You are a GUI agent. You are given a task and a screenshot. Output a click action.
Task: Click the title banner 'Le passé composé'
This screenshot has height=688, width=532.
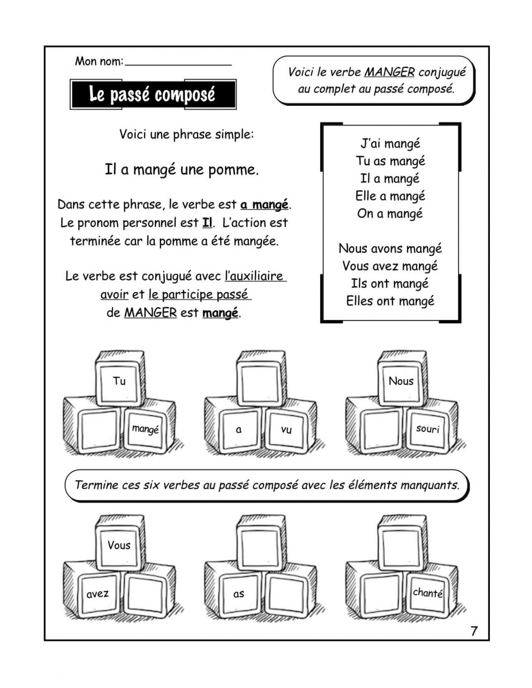pos(153,94)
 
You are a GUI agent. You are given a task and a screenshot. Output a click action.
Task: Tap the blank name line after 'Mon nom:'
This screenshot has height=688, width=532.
pos(178,62)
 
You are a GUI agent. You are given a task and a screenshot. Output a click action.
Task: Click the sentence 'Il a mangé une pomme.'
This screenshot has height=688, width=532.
pos(182,170)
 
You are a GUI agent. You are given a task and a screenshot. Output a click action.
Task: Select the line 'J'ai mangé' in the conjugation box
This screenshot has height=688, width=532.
pos(390,144)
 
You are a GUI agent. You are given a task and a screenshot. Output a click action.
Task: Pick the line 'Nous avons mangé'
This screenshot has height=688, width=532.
pos(390,249)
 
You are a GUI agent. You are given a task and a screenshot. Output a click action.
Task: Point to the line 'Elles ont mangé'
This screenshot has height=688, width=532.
pos(390,301)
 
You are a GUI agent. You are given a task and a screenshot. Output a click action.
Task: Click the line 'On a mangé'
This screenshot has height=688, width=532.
pos(390,213)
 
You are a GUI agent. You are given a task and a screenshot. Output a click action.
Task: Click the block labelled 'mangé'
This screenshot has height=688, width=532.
pos(145,429)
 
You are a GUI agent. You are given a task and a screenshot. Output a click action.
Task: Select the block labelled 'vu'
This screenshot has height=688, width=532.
pos(286,429)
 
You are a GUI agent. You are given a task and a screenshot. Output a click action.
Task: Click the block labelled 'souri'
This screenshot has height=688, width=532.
pos(428,429)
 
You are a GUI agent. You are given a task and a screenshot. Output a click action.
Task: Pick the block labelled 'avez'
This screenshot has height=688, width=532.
pos(98,594)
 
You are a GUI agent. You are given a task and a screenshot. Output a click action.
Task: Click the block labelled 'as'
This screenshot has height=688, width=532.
pos(238,594)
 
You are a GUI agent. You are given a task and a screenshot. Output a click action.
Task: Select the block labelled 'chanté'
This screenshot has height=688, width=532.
pos(428,593)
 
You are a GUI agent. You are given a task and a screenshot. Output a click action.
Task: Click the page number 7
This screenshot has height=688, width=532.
pos(473,631)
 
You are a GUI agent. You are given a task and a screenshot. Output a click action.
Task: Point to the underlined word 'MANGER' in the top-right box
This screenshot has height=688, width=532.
pos(389,72)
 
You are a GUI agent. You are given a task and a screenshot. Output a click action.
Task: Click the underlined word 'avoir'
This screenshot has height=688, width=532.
pos(114,295)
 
